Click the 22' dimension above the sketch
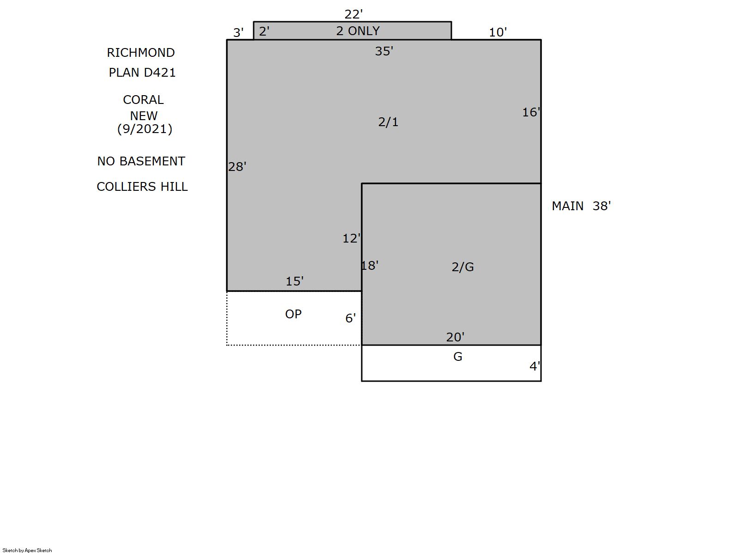pyautogui.click(x=353, y=14)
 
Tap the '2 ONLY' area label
pyautogui.click(x=358, y=31)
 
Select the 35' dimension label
pyautogui.click(x=384, y=51)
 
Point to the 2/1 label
pyautogui.click(x=388, y=122)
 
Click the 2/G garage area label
pyautogui.click(x=462, y=267)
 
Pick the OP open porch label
pyautogui.click(x=293, y=314)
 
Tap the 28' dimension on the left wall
pyautogui.click(x=237, y=167)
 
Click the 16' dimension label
pyautogui.click(x=531, y=112)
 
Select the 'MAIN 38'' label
pyautogui.click(x=581, y=206)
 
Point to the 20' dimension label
pyautogui.click(x=455, y=337)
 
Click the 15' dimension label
pyautogui.click(x=295, y=281)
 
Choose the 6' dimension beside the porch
pyautogui.click(x=350, y=318)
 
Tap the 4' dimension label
pyautogui.click(x=535, y=366)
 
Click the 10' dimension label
pyautogui.click(x=498, y=32)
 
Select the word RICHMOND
pyautogui.click(x=141, y=53)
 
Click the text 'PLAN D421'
pyautogui.click(x=142, y=73)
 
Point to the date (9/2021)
pyautogui.click(x=145, y=129)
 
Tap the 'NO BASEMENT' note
pyautogui.click(x=141, y=161)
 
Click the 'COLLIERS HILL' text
pyautogui.click(x=142, y=187)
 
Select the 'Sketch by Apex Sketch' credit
pyautogui.click(x=27, y=550)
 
